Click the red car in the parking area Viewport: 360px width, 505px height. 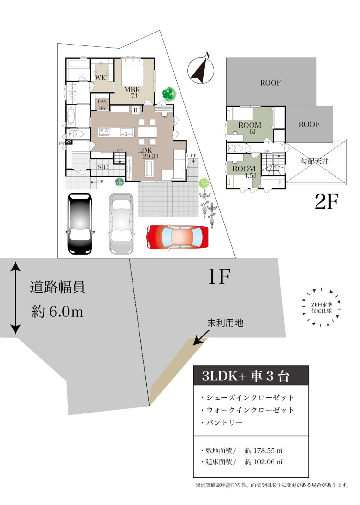(177, 237)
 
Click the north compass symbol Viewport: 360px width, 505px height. (201, 70)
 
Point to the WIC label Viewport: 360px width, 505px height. (101, 78)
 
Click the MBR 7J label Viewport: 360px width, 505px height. (132, 92)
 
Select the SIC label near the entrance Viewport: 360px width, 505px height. (103, 167)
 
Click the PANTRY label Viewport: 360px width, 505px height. (102, 105)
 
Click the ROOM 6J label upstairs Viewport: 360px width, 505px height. (250, 128)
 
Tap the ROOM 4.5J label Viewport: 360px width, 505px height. (245, 172)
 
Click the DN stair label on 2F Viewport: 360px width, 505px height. (267, 151)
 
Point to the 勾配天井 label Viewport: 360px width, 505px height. (314, 161)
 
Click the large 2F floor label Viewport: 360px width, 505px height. (326, 202)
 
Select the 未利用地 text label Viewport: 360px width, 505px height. (225, 323)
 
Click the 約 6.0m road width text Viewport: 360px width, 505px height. (57, 312)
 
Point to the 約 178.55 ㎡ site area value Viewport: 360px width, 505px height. (264, 450)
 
